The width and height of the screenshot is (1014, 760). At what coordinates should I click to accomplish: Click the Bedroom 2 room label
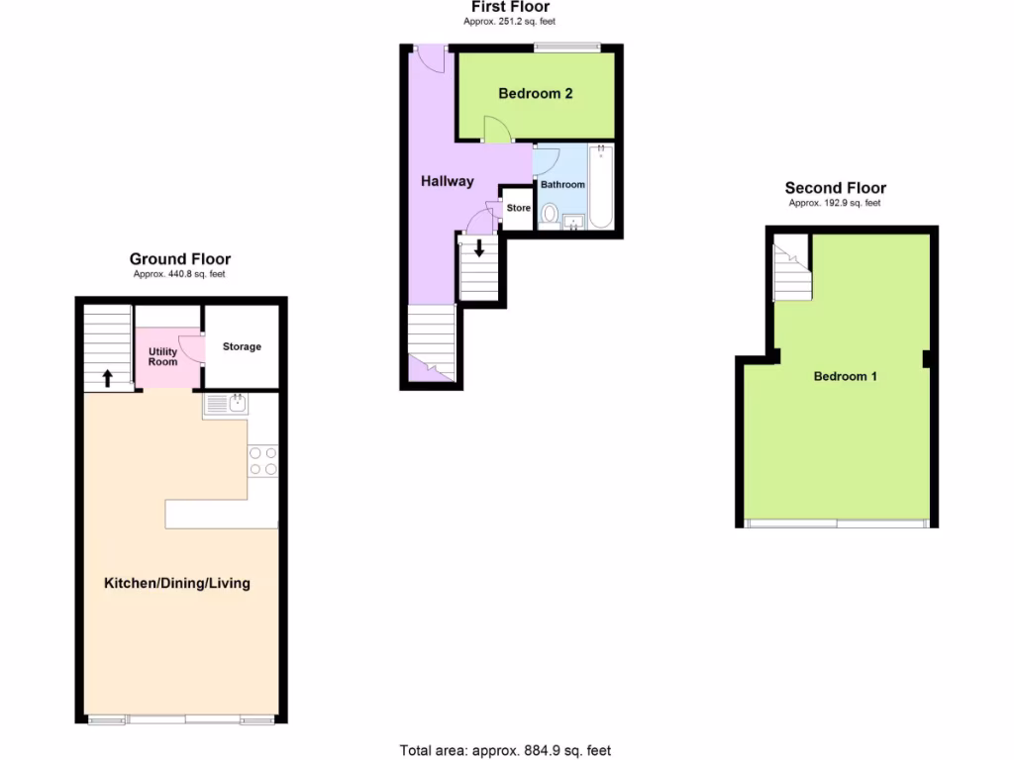535,94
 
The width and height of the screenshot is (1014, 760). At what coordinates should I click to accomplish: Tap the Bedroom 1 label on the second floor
845,376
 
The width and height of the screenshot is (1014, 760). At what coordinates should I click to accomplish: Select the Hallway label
447,181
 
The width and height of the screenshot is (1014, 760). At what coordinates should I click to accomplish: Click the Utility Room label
163,357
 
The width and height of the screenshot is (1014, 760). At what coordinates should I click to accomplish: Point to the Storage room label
242,346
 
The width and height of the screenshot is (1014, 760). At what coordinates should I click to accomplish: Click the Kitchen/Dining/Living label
177,583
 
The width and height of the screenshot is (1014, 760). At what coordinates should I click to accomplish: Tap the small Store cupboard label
519,208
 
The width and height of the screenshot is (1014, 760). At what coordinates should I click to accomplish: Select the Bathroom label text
562,185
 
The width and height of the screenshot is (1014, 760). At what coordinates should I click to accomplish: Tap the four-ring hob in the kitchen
263,460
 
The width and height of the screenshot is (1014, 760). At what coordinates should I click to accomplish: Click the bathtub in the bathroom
601,188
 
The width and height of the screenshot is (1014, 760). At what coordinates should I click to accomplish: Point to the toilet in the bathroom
550,213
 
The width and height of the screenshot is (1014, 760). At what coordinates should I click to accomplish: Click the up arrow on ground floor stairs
107,378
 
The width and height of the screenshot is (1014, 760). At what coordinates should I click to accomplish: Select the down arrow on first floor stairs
479,247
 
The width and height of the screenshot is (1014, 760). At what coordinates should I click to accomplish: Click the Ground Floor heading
180,259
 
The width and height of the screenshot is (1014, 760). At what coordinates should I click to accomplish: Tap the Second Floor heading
835,188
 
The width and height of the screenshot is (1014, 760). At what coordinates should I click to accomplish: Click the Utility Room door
194,346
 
